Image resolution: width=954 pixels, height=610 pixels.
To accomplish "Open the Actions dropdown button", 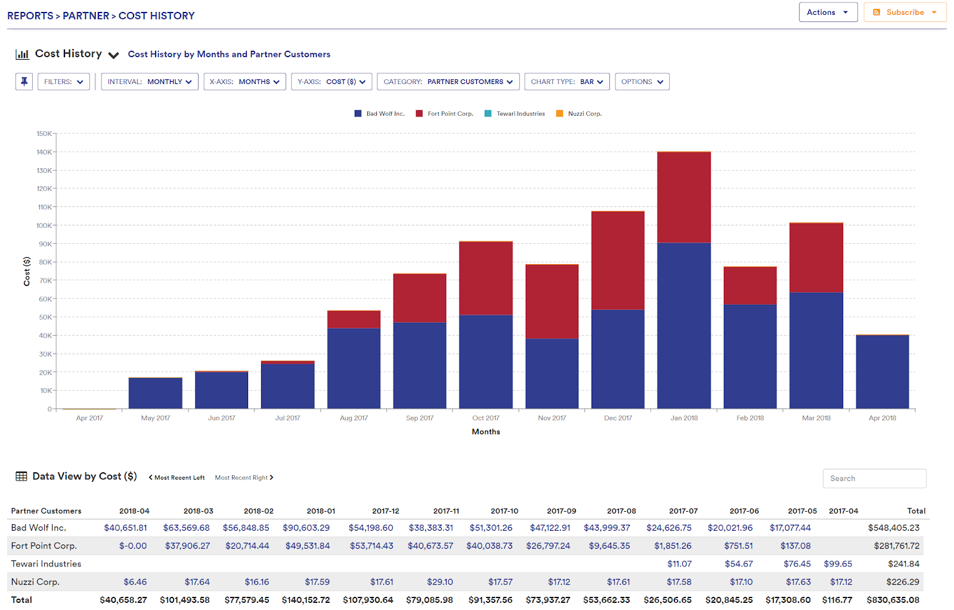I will [x=828, y=13].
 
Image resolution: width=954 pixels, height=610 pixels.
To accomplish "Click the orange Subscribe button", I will [x=905, y=13].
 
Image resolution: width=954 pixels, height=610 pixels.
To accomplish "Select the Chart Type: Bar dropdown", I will [x=566, y=82].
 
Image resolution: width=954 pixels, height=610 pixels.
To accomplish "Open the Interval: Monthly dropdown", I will [x=149, y=82].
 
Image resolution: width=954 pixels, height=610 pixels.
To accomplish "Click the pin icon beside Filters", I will [x=24, y=82].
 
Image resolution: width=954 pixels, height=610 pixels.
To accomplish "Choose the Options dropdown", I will [x=642, y=82].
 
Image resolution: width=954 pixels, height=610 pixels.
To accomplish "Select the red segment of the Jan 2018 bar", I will [x=684, y=197].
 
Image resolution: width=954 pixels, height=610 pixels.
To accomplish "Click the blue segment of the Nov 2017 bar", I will [x=552, y=373].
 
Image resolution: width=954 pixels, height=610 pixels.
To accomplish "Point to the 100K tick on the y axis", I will [x=44, y=225].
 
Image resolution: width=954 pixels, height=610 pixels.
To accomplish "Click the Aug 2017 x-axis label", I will [x=354, y=418].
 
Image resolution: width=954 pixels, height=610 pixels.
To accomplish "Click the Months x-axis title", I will [x=485, y=432].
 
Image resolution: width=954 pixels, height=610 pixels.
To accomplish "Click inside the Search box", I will [x=874, y=478].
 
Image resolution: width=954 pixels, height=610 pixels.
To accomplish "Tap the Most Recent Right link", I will [x=244, y=478].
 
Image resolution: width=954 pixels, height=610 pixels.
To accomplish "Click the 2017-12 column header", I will [x=385, y=511].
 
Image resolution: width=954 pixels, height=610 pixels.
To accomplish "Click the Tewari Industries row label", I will [x=46, y=563].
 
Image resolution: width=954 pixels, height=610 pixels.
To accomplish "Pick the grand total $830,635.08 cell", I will [x=893, y=600].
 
